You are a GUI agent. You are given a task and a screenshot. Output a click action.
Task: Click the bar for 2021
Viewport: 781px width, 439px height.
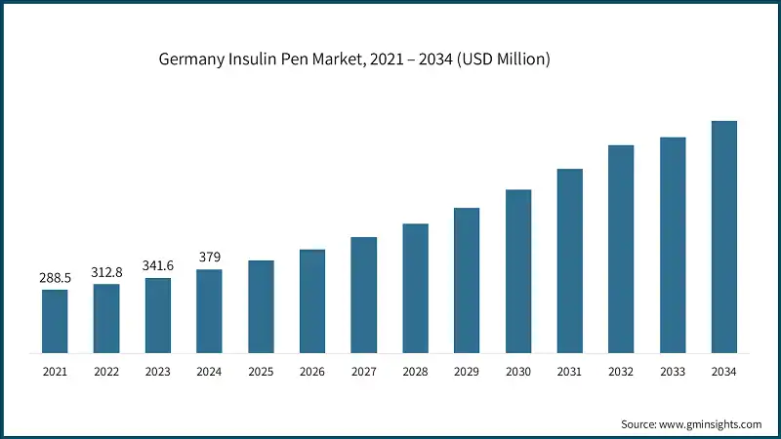(55, 321)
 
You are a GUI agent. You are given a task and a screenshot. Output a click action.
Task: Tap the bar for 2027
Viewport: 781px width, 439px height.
(364, 295)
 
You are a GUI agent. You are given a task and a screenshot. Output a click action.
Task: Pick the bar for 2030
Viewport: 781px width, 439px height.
(518, 270)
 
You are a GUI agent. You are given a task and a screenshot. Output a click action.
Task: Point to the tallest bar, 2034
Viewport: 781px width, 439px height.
(723, 236)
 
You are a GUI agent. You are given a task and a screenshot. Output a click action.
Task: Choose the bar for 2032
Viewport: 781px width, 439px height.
(621, 249)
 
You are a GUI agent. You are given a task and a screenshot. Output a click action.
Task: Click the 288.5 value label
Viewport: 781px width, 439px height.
(55, 278)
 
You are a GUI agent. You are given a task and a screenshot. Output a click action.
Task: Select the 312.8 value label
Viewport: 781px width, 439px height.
(106, 272)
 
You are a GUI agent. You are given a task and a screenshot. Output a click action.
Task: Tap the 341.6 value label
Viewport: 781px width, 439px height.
(158, 266)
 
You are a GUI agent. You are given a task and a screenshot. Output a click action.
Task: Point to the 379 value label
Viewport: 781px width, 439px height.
(209, 258)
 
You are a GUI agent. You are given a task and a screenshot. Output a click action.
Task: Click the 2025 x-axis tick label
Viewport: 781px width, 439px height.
(261, 372)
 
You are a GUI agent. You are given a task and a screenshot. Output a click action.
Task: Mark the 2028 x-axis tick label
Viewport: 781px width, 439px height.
(415, 372)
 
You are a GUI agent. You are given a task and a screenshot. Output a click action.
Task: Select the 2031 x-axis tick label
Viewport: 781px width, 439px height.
(569, 372)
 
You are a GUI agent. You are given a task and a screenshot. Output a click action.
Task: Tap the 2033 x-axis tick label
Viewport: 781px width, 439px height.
(673, 372)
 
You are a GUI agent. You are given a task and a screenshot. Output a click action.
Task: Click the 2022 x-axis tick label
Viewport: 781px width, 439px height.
(106, 372)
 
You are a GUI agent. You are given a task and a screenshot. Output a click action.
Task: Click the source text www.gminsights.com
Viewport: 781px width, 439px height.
(712, 424)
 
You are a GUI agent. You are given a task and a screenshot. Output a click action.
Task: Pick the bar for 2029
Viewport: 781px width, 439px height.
(467, 280)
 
